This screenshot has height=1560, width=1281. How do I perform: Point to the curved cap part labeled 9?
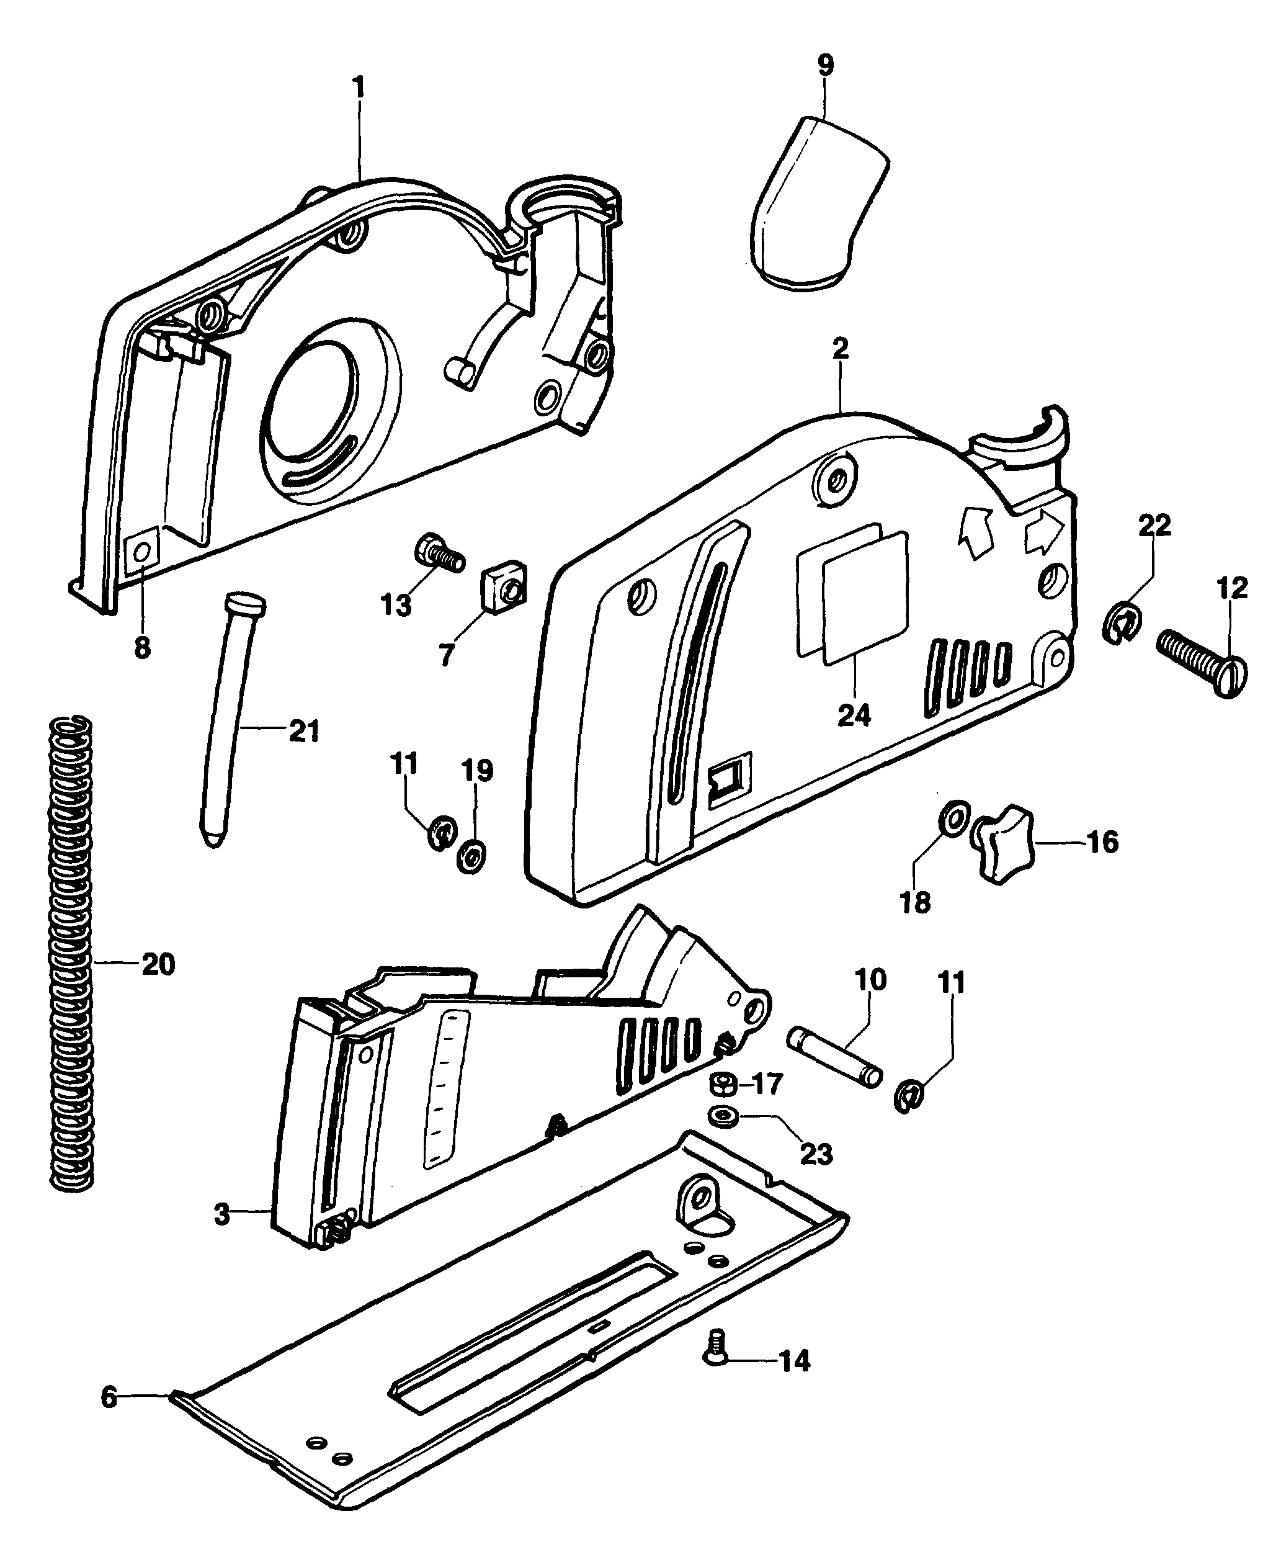tap(818, 204)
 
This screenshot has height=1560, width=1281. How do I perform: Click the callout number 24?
tap(854, 715)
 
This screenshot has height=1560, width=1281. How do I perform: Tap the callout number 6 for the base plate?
tap(109, 1396)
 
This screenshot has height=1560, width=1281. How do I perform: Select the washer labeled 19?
tap(471, 856)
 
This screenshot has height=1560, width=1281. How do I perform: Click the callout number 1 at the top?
tap(359, 89)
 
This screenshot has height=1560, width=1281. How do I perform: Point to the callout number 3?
tap(221, 1213)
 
